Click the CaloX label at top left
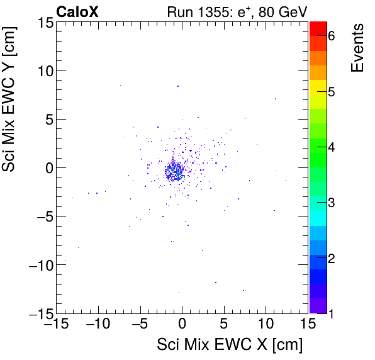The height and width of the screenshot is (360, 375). pos(77,11)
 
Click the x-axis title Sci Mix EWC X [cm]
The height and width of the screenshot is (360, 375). pos(230,345)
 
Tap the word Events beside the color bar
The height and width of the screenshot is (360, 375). pos(357,48)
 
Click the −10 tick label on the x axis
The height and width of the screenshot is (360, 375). pos(97,325)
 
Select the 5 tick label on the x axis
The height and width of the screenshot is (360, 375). pos(224,325)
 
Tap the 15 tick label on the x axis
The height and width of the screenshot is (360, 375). pos(307,325)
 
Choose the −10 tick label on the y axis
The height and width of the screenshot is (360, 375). pos(38,264)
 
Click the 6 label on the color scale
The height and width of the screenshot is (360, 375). pos(332,36)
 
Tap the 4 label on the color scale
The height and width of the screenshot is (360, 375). pos(332,147)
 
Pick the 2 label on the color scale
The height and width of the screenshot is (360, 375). pos(332,259)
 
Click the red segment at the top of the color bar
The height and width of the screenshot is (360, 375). pos(318,28)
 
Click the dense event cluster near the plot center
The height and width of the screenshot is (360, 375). pos(175,171)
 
